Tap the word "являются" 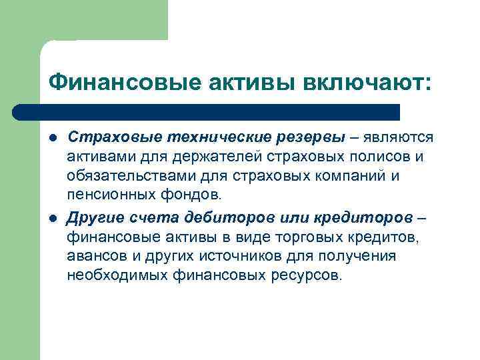398,137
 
